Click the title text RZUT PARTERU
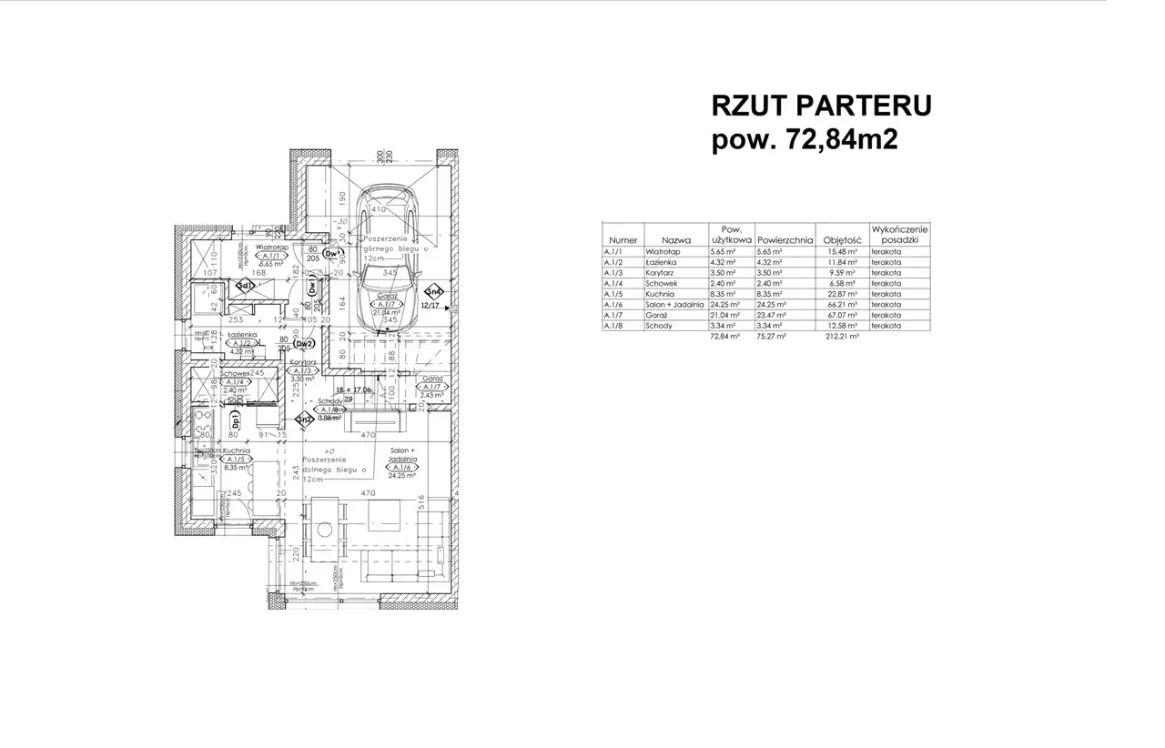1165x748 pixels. click(x=821, y=106)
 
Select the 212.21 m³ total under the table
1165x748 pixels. click(x=842, y=336)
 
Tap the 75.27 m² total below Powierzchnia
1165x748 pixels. click(x=770, y=336)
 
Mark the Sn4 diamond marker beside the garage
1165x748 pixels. click(x=434, y=292)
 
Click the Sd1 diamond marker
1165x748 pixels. click(x=244, y=287)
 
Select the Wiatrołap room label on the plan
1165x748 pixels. click(x=272, y=247)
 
